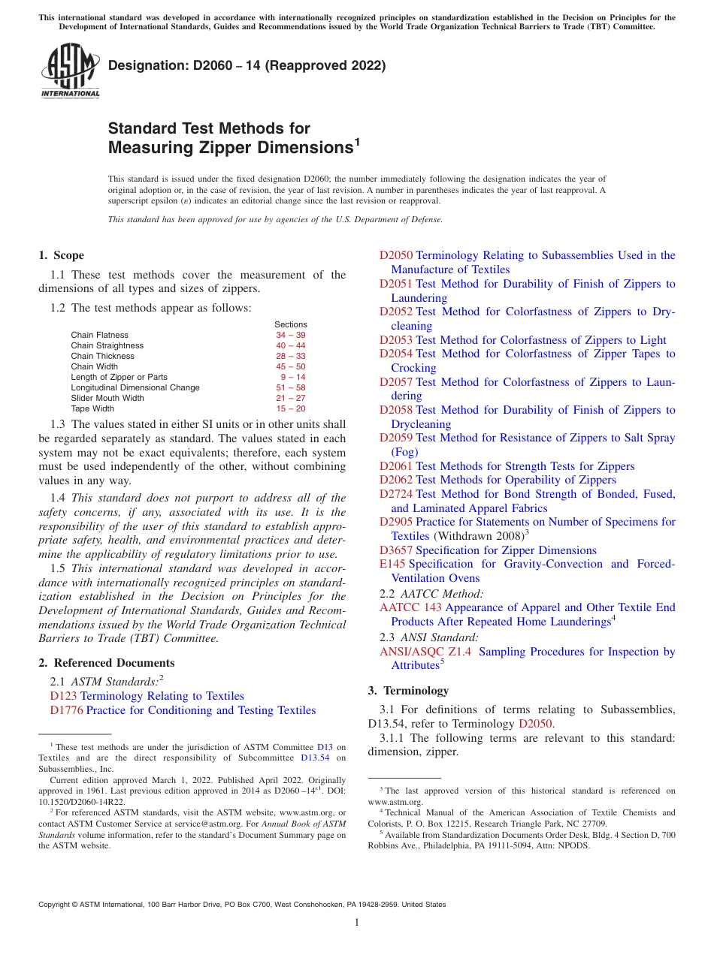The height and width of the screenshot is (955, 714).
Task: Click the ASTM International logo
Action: pos(70,71)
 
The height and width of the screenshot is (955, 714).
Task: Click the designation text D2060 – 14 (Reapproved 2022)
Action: pos(247,65)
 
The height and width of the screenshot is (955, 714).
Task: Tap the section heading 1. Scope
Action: pos(62,255)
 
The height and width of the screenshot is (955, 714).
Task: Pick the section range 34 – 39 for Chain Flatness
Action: pos(290,335)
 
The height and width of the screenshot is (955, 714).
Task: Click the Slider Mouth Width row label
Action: pos(107,398)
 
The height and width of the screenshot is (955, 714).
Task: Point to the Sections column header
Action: pos(290,324)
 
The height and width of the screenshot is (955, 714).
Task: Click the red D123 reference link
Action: pos(63,696)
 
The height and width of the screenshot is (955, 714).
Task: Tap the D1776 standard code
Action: pos(66,710)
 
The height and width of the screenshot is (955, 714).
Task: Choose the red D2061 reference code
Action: pos(395,466)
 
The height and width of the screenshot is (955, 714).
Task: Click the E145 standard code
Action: pos(392,564)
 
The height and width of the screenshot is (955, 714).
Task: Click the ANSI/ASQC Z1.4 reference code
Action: pos(425,652)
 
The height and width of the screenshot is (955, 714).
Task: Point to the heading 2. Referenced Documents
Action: pos(107,663)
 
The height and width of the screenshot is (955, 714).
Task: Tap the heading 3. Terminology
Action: pos(408,691)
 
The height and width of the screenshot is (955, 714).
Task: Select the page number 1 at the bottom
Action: pos(357,923)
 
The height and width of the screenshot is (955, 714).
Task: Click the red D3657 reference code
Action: pos(395,550)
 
